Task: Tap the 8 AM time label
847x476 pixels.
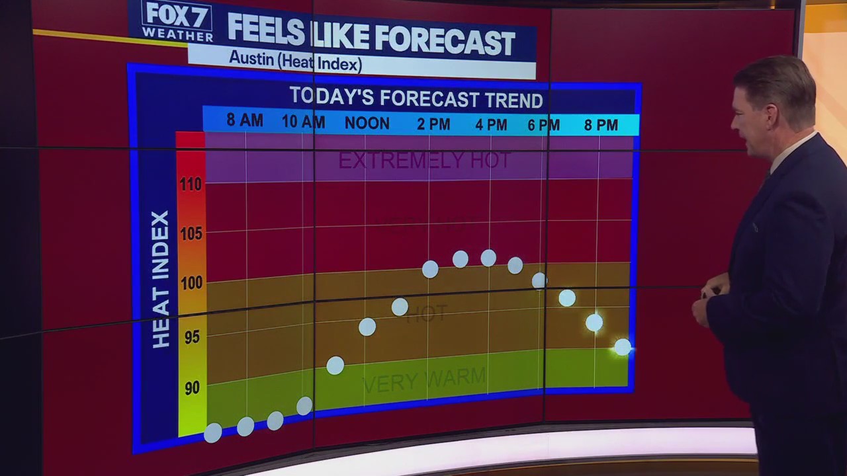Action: [x=244, y=120]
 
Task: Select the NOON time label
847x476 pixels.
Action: [x=367, y=123]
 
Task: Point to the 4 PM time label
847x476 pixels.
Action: [x=491, y=124]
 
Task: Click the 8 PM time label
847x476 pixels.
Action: [x=601, y=124]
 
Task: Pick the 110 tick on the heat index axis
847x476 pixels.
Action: [x=191, y=184]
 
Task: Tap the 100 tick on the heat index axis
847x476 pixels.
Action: [x=191, y=283]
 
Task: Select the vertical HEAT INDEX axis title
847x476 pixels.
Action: [x=161, y=279]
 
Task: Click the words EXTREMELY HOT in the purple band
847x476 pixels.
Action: [x=424, y=160]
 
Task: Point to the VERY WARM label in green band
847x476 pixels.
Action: [x=424, y=381]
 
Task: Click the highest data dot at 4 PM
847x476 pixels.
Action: [x=488, y=258]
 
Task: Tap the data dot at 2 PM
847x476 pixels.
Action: [x=430, y=269]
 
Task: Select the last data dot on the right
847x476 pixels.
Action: [x=623, y=347]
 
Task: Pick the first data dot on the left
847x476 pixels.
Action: [x=213, y=433]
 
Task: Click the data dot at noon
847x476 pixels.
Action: [x=367, y=327]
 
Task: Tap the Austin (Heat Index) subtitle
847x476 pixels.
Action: [x=295, y=61]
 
